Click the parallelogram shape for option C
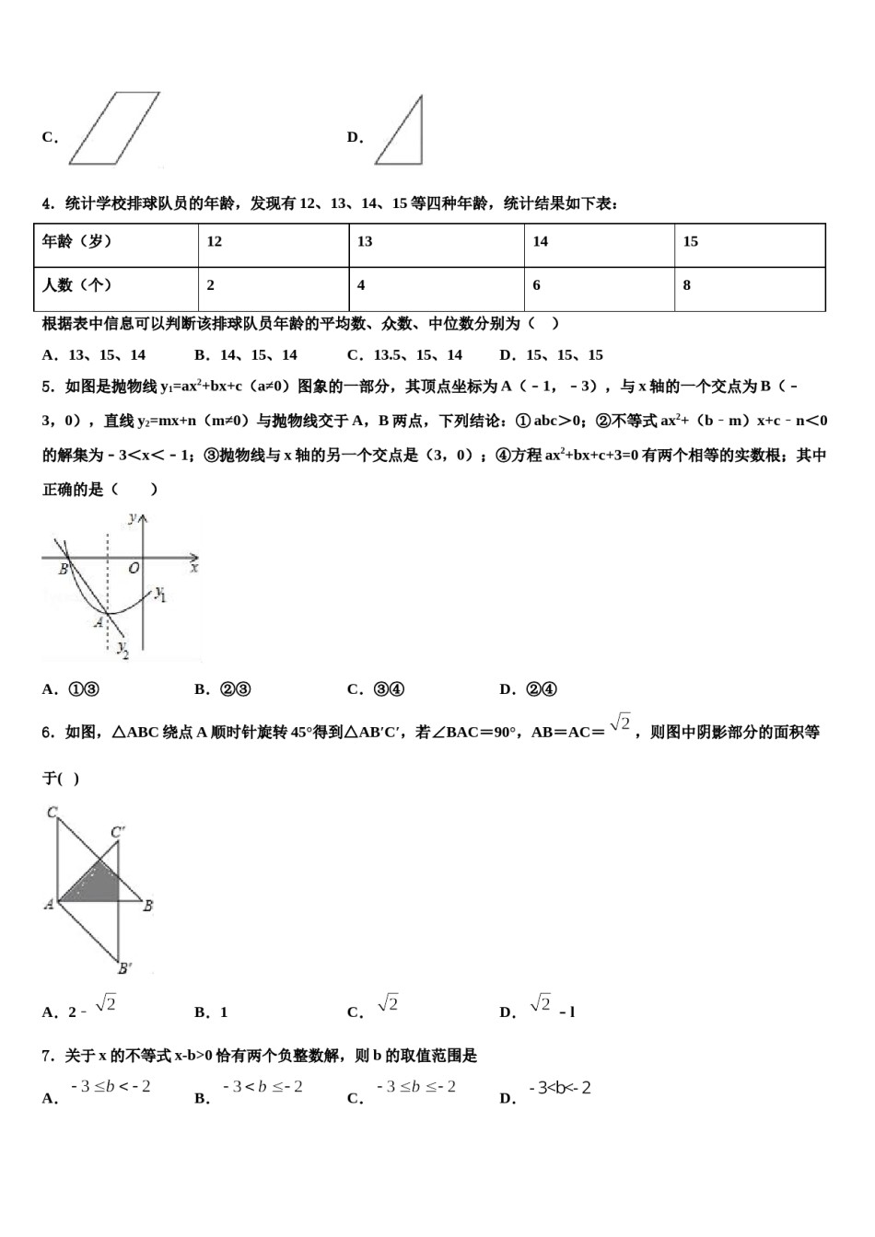coord(114,128)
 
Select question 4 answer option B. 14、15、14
coord(245,355)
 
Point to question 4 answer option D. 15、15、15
coord(551,355)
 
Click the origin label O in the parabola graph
coord(134,569)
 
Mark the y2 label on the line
coord(122,650)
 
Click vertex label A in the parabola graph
coord(99,623)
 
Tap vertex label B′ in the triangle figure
coord(124,967)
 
